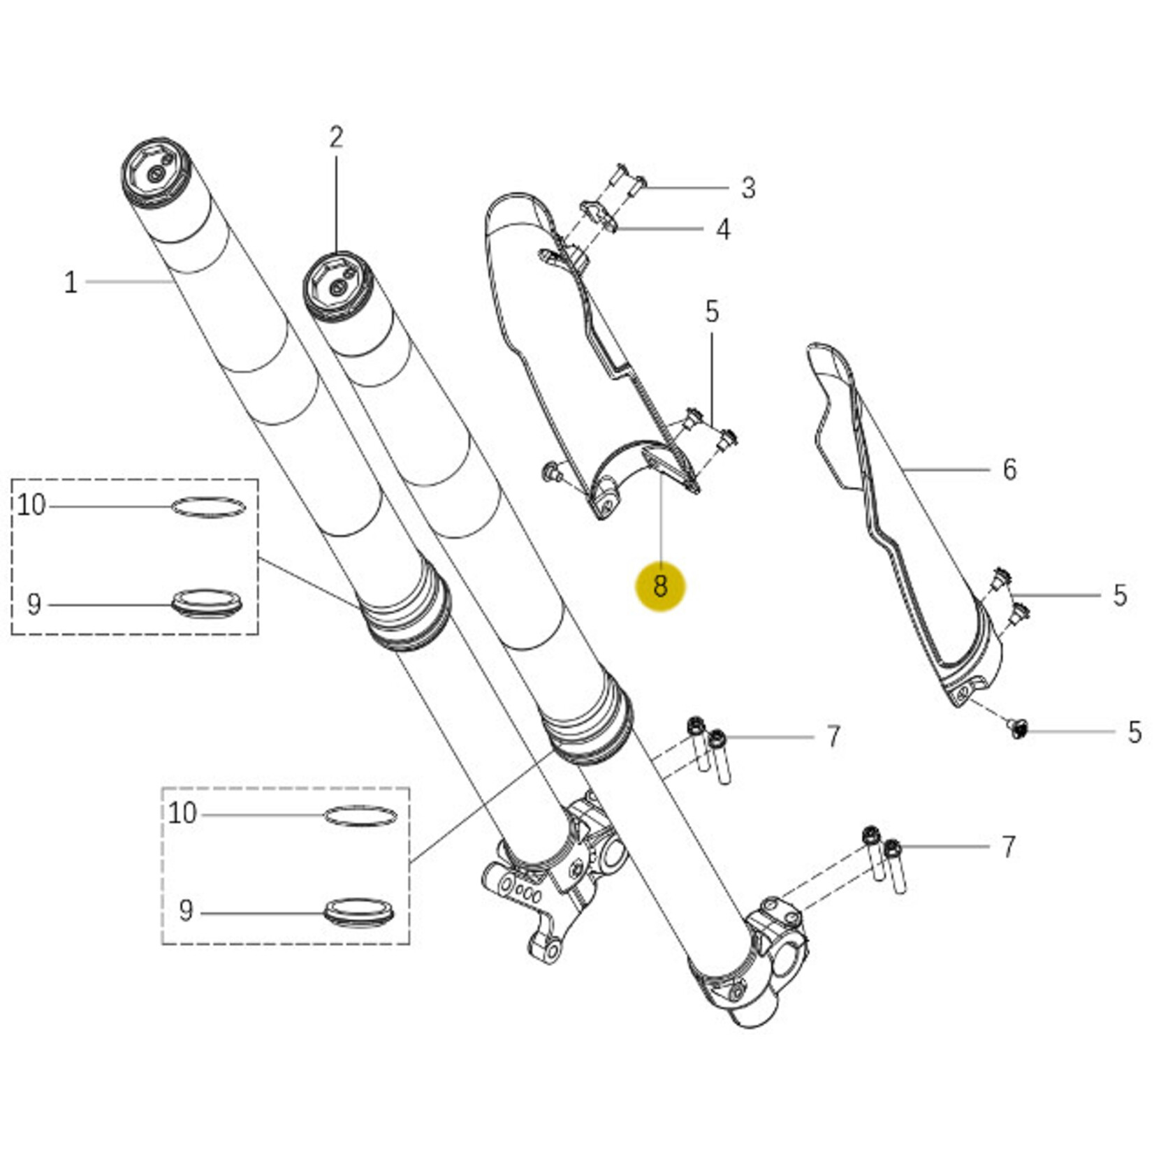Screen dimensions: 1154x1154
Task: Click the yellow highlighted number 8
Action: coord(660,586)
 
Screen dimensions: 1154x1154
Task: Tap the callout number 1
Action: coord(71,283)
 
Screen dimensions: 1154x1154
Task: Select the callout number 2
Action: coord(337,138)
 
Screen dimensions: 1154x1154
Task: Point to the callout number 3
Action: coord(748,188)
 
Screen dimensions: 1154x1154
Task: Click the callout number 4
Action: coord(723,229)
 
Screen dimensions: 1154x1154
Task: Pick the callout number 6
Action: coord(1009,469)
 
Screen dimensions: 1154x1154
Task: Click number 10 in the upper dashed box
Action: coord(31,504)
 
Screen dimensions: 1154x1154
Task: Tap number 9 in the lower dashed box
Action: coord(185,911)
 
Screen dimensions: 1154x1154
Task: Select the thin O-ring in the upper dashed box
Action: coord(208,506)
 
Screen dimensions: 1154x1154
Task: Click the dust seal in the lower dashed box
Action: coord(359,912)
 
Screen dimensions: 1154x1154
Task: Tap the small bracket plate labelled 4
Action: coord(598,216)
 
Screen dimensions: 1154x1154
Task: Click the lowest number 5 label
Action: coord(1134,732)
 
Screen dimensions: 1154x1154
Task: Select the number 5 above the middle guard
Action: coord(712,312)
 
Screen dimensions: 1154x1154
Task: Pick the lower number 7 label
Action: coord(1008,847)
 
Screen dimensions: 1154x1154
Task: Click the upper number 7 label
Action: coord(833,736)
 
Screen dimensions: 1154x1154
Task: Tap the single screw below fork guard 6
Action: coord(1018,729)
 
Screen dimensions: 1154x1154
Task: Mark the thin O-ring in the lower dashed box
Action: coord(360,816)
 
